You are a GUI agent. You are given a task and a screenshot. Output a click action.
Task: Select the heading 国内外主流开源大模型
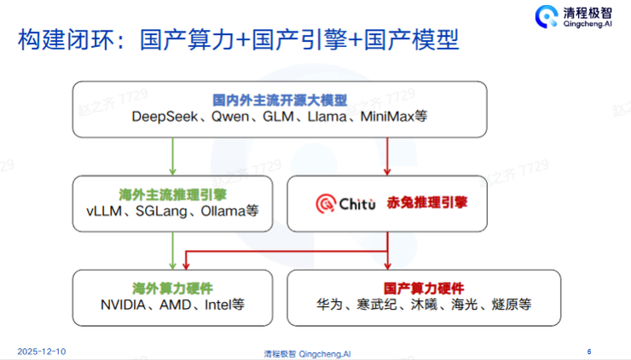[x=280, y=99]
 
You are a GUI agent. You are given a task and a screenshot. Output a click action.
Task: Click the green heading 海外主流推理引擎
[x=173, y=193]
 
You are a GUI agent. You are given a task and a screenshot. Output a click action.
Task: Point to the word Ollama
[x=225, y=211]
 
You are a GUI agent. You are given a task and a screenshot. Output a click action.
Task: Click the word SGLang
[x=161, y=211]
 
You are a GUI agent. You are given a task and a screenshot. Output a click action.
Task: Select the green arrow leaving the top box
[x=173, y=156]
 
